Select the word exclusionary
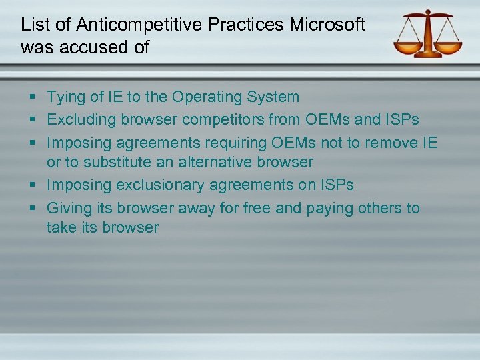(x=157, y=185)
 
